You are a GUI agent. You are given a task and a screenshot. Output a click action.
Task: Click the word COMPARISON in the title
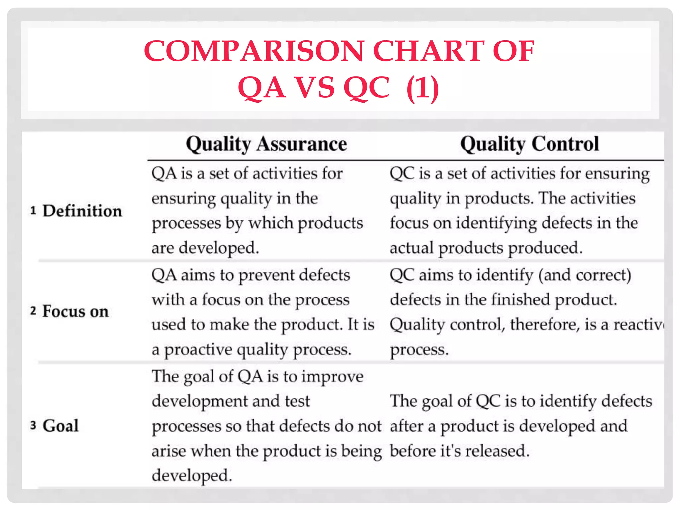254,51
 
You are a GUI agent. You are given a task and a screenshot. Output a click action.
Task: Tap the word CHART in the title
429,51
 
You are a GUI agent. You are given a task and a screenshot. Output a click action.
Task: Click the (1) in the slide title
422,88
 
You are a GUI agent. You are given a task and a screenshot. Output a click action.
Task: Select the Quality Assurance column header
266,144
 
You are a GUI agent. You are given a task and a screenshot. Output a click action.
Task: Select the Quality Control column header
529,144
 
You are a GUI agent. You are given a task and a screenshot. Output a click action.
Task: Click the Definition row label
82,211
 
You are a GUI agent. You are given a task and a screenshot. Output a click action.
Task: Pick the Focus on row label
76,312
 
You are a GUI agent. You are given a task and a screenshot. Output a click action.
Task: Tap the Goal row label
61,426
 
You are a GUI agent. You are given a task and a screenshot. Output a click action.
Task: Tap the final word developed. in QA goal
192,476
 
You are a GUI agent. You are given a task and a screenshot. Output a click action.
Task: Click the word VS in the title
314,88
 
